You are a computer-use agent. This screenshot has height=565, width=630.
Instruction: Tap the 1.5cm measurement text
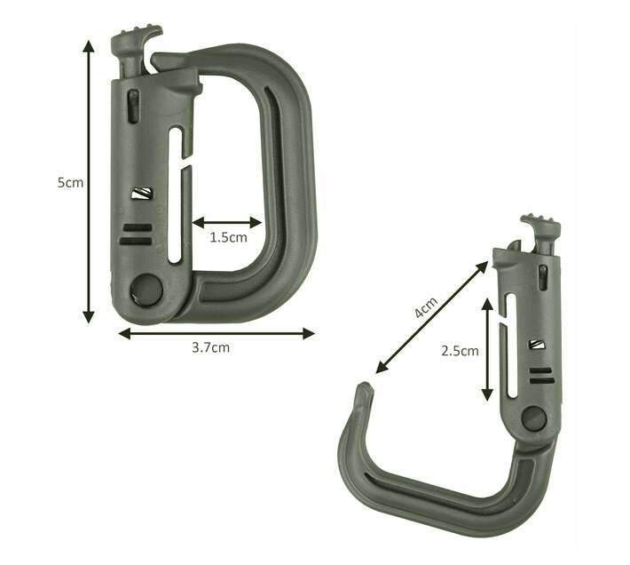click(x=228, y=238)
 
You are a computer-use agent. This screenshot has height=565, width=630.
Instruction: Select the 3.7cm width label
click(x=210, y=347)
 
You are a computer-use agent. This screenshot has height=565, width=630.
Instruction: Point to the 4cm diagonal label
click(x=426, y=308)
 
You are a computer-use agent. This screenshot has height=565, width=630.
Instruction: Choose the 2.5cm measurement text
click(x=460, y=351)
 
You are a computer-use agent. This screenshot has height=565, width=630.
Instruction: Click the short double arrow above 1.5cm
click(x=227, y=222)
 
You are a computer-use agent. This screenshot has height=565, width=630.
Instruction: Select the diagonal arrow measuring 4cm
click(x=432, y=317)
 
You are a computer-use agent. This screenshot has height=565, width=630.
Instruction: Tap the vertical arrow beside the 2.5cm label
click(x=487, y=350)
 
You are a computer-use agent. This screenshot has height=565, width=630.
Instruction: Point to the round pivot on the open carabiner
click(x=533, y=418)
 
